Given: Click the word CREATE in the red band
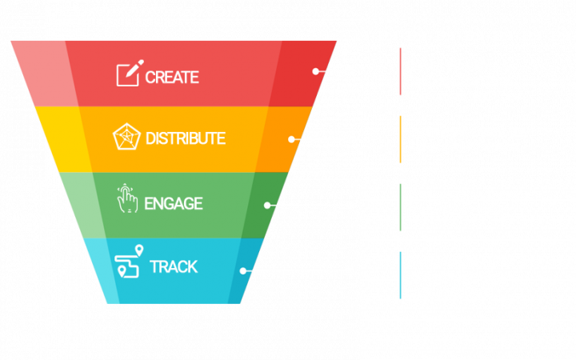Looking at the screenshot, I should point(172,78).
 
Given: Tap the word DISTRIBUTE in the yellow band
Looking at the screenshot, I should point(186,138).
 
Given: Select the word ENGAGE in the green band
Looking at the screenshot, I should point(174,203).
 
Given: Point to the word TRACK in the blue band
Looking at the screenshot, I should point(174,266).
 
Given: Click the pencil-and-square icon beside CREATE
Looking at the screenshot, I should point(128,74).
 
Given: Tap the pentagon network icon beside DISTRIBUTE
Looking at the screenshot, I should point(126,137).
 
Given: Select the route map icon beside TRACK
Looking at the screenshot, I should point(129,261).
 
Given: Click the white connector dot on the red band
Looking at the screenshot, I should point(316,71).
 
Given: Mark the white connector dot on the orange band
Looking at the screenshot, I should point(292,139).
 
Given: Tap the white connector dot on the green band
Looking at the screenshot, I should point(267,205).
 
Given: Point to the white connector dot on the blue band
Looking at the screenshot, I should point(243,270).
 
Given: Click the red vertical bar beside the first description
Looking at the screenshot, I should point(400,71).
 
